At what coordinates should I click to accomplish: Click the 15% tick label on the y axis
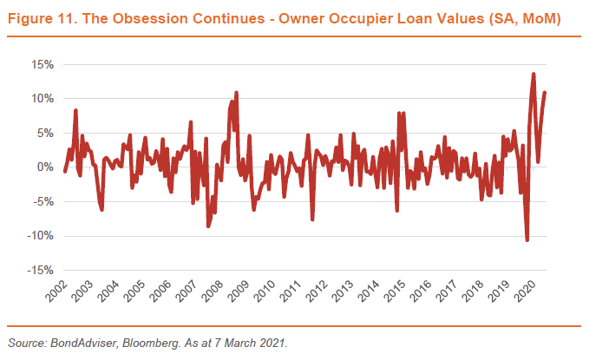42,64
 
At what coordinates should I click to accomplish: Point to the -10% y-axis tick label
39,236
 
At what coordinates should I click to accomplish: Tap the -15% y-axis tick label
39,271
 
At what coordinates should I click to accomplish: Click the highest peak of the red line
533,74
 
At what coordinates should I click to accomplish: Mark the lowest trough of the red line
527,240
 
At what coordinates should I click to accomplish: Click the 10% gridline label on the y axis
42,98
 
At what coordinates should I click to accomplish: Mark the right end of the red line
545,93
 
